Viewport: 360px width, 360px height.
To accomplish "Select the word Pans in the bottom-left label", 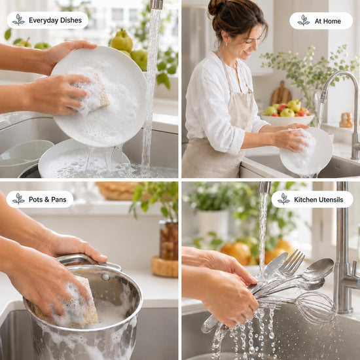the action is tap(59, 200).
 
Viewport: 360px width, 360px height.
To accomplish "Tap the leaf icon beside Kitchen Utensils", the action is tap(283, 199).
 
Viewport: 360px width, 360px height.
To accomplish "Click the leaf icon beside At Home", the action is tap(304, 20).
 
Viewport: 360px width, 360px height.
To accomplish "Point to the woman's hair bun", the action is tap(216, 7).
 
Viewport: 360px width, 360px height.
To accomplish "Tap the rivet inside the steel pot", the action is tap(105, 277).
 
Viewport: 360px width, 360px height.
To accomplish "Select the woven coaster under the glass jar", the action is tap(164, 266).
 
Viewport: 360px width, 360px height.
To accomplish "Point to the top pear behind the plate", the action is tap(122, 41).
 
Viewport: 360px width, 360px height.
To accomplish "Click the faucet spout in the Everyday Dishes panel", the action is tap(156, 5).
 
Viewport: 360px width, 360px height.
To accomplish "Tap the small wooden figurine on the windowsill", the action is tap(346, 120).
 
